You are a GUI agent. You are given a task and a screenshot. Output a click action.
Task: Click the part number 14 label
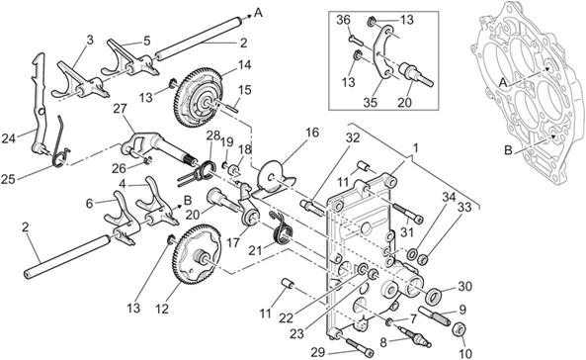pyautogui.click(x=244, y=65)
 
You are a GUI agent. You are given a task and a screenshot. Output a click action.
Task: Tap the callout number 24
pyautogui.click(x=9, y=138)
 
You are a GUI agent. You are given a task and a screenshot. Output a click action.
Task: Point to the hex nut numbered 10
pyautogui.click(x=460, y=330)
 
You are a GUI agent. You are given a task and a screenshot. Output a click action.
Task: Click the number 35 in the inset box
pyautogui.click(x=370, y=102)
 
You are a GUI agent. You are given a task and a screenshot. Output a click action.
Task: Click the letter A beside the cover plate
pyautogui.click(x=503, y=83)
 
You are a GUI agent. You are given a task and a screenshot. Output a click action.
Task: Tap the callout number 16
pyautogui.click(x=312, y=133)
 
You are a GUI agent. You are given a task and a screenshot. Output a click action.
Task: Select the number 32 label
pyautogui.click(x=352, y=137)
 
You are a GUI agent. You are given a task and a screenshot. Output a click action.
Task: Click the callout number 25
pyautogui.click(x=8, y=179)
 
